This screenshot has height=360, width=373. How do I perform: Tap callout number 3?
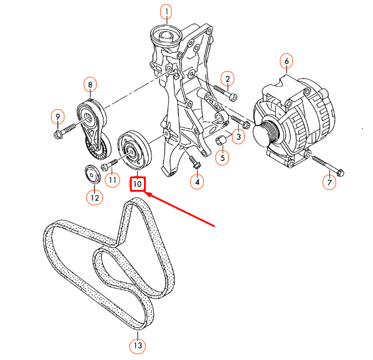237,137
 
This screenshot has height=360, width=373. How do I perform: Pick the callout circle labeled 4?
198,182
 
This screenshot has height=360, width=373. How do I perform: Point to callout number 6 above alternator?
286,60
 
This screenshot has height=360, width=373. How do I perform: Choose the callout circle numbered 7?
330,182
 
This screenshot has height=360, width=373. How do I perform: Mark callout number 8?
90,85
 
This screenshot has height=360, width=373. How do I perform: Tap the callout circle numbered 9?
57,117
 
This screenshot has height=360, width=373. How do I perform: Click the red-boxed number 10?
138,184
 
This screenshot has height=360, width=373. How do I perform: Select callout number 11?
112,180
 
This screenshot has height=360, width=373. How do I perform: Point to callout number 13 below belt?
138,345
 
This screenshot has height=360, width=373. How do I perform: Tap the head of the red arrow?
148,196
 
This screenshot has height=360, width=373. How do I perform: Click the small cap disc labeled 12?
91,174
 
